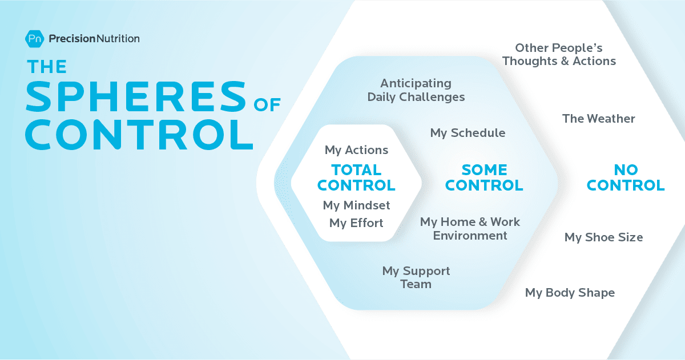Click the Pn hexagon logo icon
click(35, 39)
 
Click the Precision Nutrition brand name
click(94, 39)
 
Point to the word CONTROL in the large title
click(140, 135)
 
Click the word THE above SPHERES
click(47, 67)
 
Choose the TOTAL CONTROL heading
click(356, 177)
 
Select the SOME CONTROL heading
click(484, 177)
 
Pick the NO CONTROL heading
click(626, 177)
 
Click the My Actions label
click(356, 150)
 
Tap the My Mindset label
click(356, 205)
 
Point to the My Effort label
click(356, 223)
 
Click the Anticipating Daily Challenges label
click(416, 90)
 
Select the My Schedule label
click(468, 133)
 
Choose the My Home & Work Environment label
click(470, 228)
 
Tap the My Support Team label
click(416, 277)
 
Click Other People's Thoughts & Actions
click(559, 55)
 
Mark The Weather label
click(598, 119)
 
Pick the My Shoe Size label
click(603, 237)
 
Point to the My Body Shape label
click(570, 293)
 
